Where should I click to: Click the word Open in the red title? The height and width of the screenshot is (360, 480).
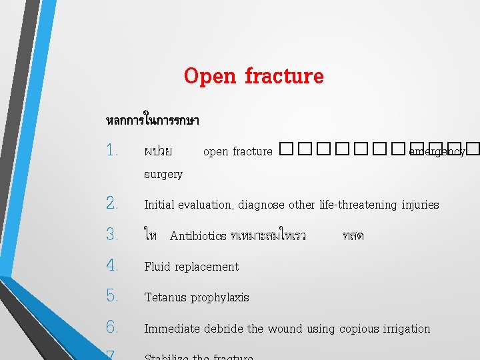coord(210,77)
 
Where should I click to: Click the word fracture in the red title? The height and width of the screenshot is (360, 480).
coord(284,77)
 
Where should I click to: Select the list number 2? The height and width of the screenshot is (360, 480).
coord(112,204)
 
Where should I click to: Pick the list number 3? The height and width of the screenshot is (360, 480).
coord(112,235)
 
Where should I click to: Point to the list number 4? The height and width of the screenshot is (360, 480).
coord(112,266)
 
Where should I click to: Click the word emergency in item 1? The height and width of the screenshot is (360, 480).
coord(437,152)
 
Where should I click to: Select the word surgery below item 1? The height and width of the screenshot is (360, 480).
coord(163,175)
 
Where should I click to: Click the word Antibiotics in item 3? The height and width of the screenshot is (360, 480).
coord(198,236)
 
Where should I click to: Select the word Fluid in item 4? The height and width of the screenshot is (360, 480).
coord(157,267)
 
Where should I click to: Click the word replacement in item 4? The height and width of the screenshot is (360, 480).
coord(207,267)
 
